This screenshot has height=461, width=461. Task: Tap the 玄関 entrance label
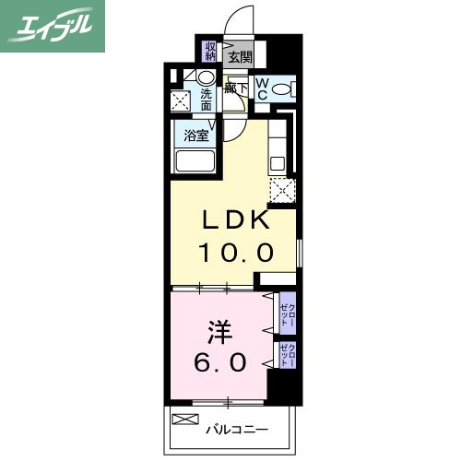[x=240, y=56]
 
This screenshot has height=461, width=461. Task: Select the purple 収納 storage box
[x=211, y=50]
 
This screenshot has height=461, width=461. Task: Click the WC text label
[x=262, y=89]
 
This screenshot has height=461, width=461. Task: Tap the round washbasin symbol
[x=205, y=77]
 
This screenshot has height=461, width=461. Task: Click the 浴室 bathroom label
[x=195, y=135]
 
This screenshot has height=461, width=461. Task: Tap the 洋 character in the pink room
[x=218, y=328]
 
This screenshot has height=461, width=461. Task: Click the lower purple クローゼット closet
[x=289, y=355]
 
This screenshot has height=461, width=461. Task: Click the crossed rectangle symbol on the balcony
[x=185, y=420]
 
